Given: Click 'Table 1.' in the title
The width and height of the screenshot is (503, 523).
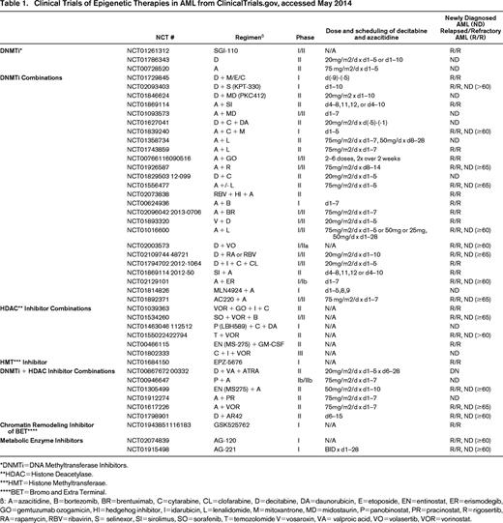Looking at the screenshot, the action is tap(18, 7).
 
